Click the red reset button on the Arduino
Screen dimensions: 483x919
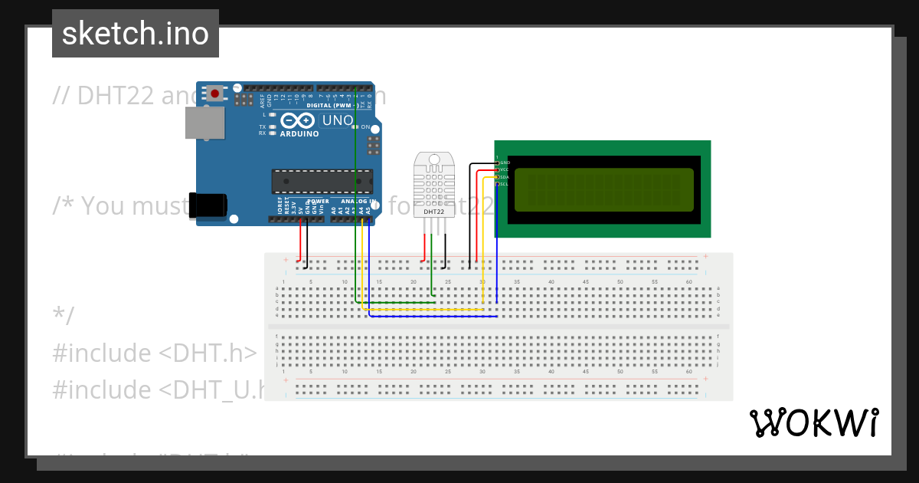click(215, 94)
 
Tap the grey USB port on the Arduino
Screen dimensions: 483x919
click(204, 123)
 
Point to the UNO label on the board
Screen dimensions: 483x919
click(337, 120)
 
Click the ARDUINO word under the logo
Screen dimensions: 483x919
click(299, 133)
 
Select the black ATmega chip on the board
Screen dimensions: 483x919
click(322, 181)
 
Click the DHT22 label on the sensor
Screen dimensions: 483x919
click(433, 212)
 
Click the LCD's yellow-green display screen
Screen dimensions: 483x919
click(604, 189)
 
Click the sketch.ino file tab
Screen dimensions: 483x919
click(136, 34)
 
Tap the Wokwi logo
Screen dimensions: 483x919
click(813, 422)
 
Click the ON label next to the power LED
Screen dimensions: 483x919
click(366, 127)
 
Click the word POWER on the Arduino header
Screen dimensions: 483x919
click(318, 202)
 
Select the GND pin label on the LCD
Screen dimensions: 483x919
click(505, 163)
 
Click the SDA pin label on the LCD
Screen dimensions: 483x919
click(505, 177)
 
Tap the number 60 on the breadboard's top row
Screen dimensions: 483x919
click(689, 283)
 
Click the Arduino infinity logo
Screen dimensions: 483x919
click(297, 120)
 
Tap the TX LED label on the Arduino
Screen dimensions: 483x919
click(262, 127)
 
